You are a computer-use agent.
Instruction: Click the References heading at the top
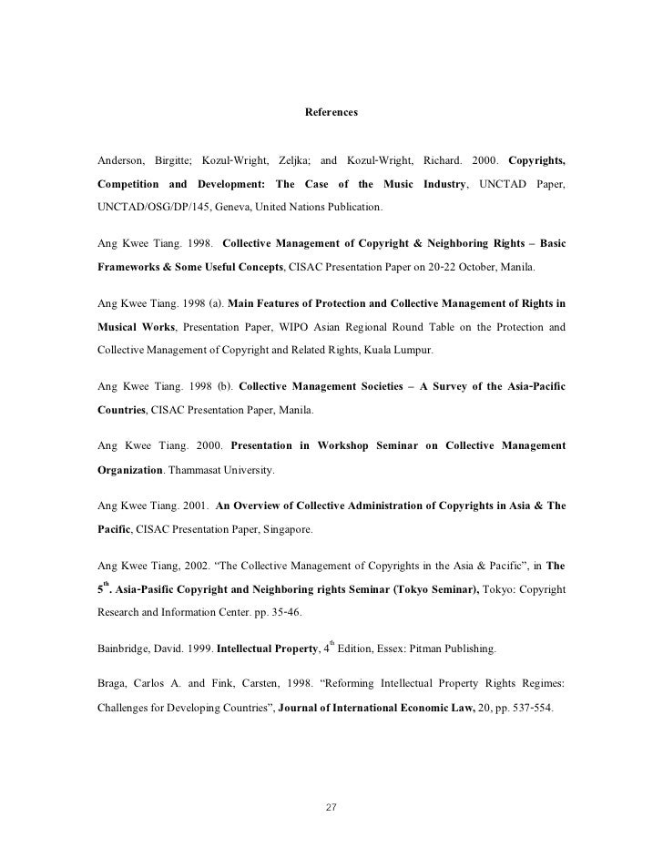(331, 113)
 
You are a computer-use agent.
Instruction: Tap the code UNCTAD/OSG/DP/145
(150, 209)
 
